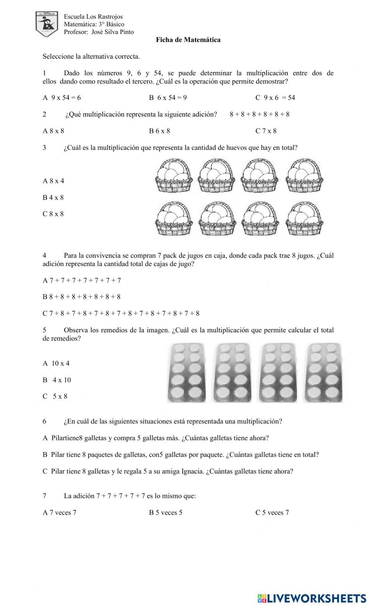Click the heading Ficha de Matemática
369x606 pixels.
188,40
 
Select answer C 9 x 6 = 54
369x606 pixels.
275,98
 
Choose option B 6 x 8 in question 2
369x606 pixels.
159,131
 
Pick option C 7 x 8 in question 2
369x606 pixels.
266,131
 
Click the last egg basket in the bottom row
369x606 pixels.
305,218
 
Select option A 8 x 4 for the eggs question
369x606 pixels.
54,181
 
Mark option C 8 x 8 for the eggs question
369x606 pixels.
54,214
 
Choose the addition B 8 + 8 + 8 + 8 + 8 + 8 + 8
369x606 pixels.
82,297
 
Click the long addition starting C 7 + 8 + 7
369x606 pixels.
121,314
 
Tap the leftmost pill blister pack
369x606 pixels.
187,373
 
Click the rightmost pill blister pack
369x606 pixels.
324,373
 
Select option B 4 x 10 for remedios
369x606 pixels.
57,380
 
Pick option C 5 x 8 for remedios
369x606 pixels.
55,397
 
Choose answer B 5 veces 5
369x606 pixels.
166,513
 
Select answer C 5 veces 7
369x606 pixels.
272,513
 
